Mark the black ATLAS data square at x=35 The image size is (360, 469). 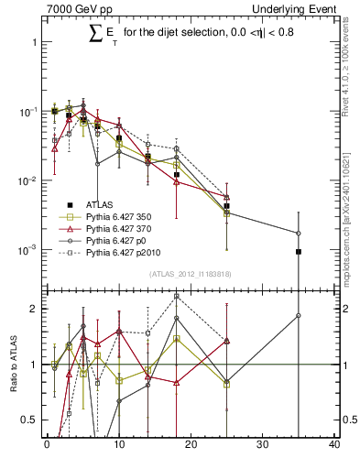tap(299, 251)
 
